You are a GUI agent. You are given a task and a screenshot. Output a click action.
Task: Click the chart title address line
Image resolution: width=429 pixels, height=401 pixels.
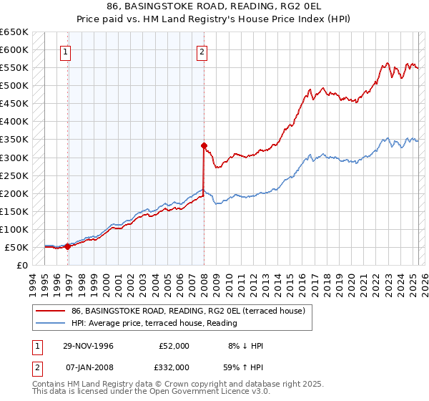click(214, 7)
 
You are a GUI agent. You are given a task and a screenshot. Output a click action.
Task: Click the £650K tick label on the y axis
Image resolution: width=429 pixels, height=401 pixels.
click(14, 32)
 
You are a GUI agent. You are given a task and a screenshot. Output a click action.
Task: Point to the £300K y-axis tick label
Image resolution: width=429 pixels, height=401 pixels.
click(14, 158)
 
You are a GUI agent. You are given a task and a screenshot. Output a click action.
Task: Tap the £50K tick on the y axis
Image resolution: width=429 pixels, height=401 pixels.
click(17, 247)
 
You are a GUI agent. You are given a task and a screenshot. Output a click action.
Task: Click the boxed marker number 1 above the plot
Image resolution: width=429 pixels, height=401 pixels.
click(65, 52)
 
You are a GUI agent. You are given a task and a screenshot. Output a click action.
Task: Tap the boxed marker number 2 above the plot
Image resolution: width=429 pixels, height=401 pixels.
click(202, 52)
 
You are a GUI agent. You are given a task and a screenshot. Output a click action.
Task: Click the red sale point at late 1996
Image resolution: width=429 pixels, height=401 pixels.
click(68, 246)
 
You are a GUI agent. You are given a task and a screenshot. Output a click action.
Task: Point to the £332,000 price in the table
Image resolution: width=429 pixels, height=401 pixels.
click(174, 366)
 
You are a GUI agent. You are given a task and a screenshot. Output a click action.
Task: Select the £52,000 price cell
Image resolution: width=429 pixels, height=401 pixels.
click(174, 346)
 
